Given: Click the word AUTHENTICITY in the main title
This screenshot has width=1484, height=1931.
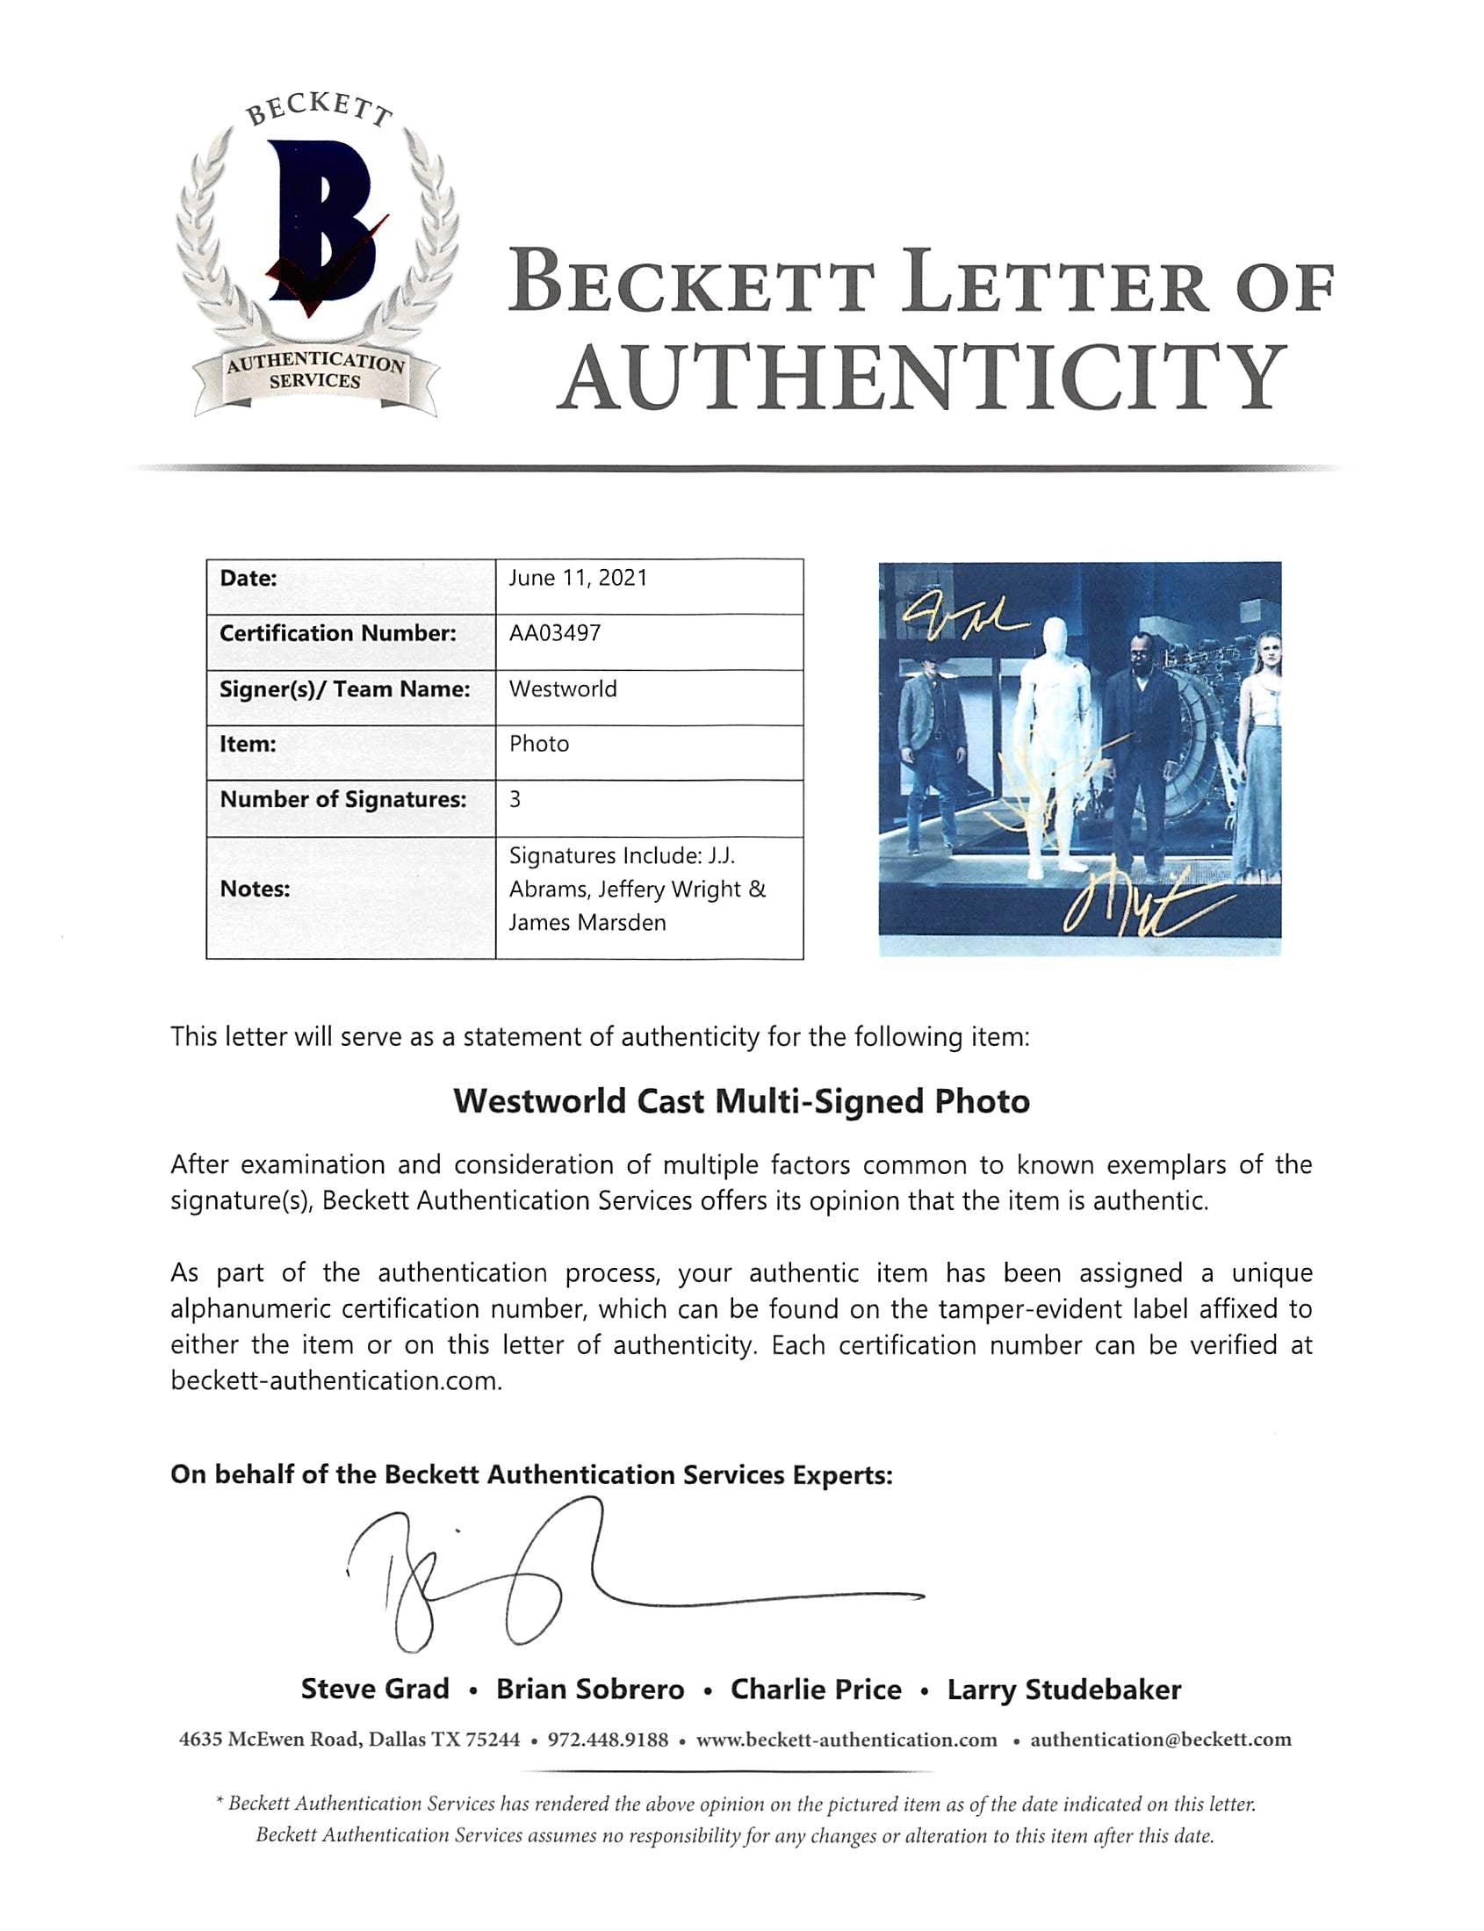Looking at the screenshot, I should pos(922,378).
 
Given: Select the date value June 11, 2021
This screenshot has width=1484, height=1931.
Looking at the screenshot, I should pos(578,578).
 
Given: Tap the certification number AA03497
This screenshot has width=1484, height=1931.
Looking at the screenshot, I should pos(555,633).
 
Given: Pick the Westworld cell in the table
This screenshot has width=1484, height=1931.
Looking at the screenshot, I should pos(563,689).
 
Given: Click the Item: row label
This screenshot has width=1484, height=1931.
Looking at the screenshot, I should pos(248,744).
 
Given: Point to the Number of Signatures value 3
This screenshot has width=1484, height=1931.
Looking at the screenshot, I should pos(515,799).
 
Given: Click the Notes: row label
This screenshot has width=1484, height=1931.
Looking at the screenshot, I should pos(255,889).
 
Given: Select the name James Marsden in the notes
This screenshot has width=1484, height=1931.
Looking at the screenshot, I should pos(587,922).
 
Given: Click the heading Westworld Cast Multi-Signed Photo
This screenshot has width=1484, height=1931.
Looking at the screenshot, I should pos(741,1101).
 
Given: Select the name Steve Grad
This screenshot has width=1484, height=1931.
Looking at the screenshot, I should pos(375,1689).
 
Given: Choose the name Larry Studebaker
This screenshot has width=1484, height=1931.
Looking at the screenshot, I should pos(1063,1690).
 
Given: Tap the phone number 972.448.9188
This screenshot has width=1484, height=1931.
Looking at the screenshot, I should pos(608,1740).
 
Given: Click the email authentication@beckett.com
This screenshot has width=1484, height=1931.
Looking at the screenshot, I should pos(1161,1740).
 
